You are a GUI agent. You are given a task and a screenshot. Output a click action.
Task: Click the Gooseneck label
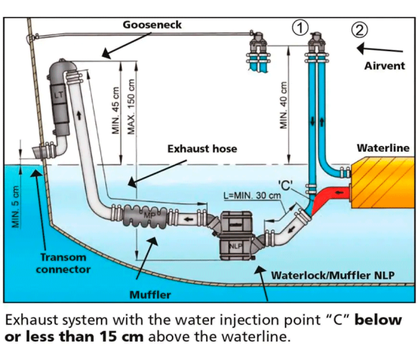(x=152, y=25)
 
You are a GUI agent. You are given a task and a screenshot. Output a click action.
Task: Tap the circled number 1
(x=301, y=28)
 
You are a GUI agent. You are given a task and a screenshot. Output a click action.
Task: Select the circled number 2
(x=360, y=30)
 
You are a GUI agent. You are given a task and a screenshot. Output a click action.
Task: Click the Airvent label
(x=385, y=65)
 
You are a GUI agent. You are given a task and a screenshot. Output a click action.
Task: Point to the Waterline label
(x=383, y=148)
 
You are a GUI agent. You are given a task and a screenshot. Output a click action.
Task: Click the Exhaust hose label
(x=202, y=149)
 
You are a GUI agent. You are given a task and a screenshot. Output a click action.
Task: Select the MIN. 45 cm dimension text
(x=115, y=111)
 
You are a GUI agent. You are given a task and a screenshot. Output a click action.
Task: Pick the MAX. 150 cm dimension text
(x=132, y=107)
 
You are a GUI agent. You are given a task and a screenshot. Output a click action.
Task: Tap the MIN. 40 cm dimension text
(x=284, y=105)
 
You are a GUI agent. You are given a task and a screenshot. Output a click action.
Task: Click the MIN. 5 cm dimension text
(x=16, y=207)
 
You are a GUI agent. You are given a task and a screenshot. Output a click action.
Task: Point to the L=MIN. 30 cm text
(x=252, y=196)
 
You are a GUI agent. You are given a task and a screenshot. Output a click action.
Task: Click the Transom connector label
(x=63, y=263)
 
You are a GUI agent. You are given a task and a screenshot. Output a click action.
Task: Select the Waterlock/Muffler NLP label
(x=333, y=275)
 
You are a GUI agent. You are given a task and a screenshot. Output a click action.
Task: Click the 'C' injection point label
(x=285, y=185)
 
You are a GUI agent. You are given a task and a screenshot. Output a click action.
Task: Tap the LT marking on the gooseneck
(x=59, y=95)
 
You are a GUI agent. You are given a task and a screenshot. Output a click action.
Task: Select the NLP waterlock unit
(x=236, y=236)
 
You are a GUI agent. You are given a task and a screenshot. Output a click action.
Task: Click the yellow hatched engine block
(x=382, y=183)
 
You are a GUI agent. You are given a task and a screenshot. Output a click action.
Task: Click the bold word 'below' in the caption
(x=378, y=320)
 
